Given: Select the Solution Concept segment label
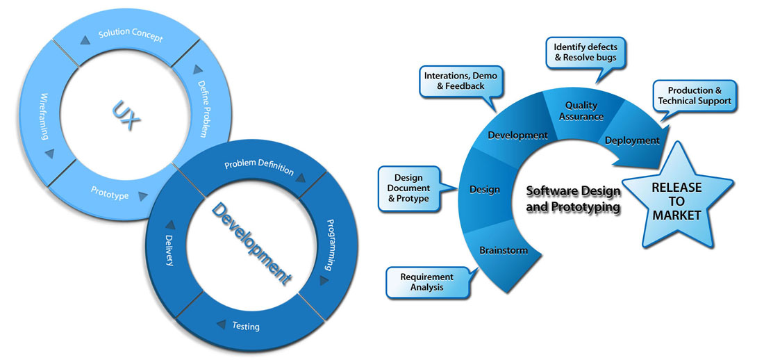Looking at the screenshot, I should coord(131,36).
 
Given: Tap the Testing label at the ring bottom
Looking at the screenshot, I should coord(246,325).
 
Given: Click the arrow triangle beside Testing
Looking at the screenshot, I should coord(220,323).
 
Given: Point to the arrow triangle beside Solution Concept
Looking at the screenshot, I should coord(85,40).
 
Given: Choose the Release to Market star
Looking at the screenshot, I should coord(676,202).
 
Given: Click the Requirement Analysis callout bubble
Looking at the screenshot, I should coord(426,281).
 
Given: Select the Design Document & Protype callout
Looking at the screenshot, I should coord(412,188).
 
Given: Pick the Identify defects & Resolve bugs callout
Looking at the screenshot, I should coord(585,52).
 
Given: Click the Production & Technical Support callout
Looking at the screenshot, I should coord(695,96).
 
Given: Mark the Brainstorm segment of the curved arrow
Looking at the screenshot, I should coord(504,250).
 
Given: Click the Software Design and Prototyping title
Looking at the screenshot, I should coord(573,198).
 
